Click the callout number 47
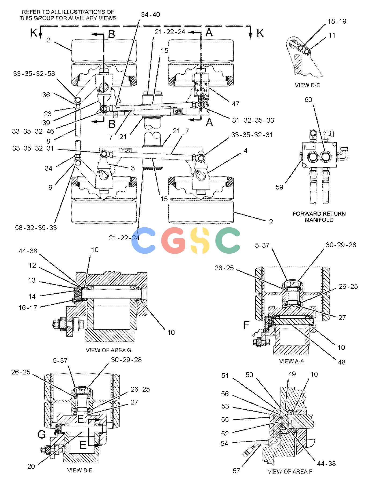pyautogui.click(x=235, y=104)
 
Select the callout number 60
pyautogui.click(x=308, y=100)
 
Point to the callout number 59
pyautogui.click(x=279, y=187)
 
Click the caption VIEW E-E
pyautogui.click(x=307, y=85)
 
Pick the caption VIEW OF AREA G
pyautogui.click(x=108, y=350)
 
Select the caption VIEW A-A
pyautogui.click(x=292, y=361)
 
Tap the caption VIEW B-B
pyautogui.click(x=80, y=470)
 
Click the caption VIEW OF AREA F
pyautogui.click(x=290, y=471)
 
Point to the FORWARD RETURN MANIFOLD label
pyautogui.click(x=319, y=217)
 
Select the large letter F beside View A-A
pyautogui.click(x=246, y=325)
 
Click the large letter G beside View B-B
pyautogui.click(x=42, y=434)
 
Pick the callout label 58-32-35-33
pyautogui.click(x=36, y=228)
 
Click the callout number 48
pyautogui.click(x=341, y=362)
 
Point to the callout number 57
pyautogui.click(x=236, y=471)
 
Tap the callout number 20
pyautogui.click(x=31, y=466)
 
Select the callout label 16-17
pyautogui.click(x=28, y=308)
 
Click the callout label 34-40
pyautogui.click(x=150, y=14)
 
